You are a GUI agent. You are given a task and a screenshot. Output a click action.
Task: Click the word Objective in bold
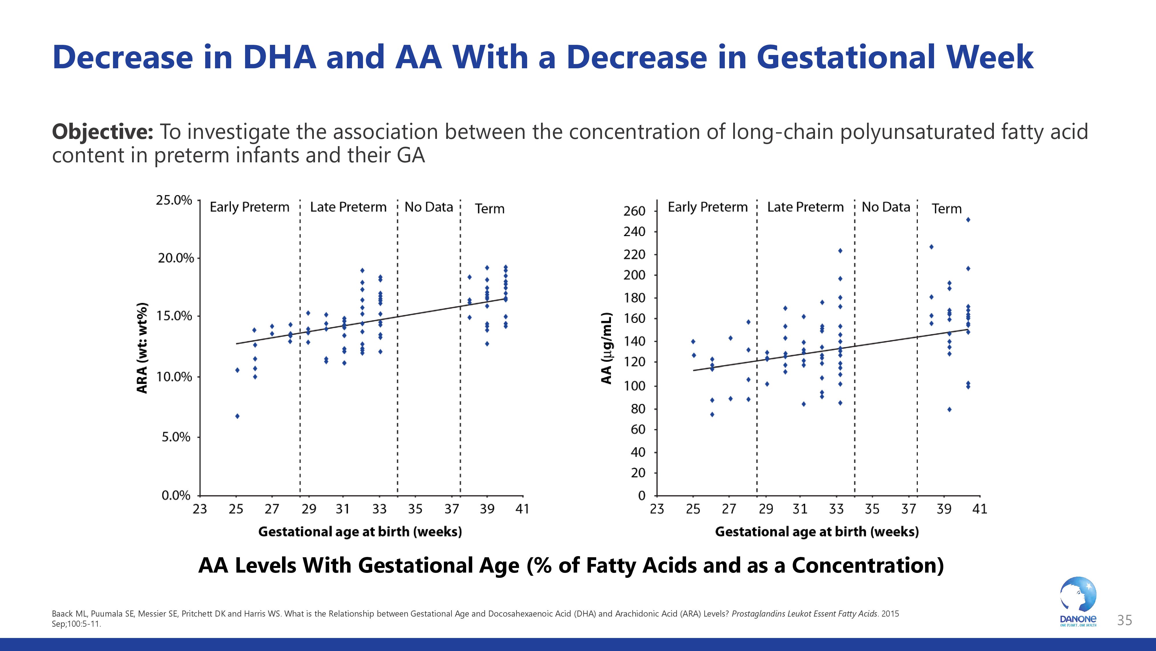(102, 132)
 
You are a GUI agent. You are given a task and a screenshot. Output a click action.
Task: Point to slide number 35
(1124, 620)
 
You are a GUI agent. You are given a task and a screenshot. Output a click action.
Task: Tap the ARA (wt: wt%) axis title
(142, 348)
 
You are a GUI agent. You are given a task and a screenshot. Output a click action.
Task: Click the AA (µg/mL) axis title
(606, 348)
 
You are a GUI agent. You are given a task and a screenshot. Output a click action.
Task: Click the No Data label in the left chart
(429, 207)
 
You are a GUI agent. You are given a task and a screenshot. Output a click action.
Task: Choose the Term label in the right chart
(946, 209)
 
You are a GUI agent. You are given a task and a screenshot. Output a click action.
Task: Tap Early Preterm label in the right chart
(707, 207)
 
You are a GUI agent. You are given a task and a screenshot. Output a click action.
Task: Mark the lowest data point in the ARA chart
(237, 416)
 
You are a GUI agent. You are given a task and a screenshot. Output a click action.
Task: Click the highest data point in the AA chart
(968, 220)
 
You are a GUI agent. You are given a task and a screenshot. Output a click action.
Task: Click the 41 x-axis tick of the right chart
(980, 509)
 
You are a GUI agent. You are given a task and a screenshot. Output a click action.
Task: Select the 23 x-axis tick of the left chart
(200, 509)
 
